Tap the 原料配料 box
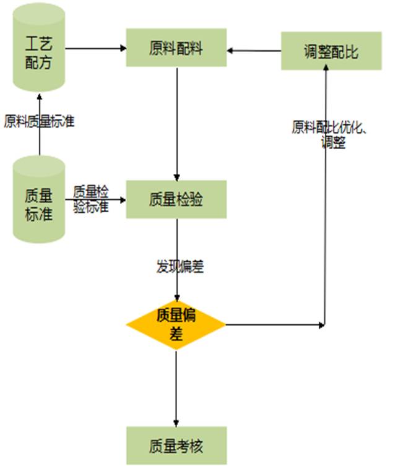176,48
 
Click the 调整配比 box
331,51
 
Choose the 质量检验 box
176,199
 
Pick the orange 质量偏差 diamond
176,325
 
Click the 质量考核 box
176,445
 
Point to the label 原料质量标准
39,121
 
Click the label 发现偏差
180,267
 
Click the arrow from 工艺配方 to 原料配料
95,48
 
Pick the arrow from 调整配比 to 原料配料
254,51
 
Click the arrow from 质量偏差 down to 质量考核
176,387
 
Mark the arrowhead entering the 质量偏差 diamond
177,296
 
